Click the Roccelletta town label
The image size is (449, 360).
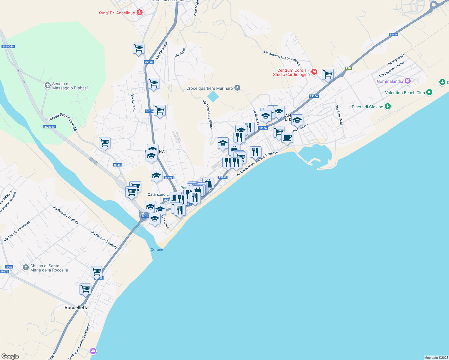tap(77, 307)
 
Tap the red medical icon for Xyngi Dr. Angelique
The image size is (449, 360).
tap(139, 13)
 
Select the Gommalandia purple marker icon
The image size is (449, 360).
tap(407, 81)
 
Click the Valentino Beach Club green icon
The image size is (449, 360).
tap(429, 92)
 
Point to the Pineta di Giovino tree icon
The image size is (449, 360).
tap(388, 106)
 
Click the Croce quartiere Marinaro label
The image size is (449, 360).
tap(209, 88)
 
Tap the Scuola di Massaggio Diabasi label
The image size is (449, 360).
tap(70, 86)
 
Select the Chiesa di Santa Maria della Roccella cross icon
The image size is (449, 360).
tap(26, 267)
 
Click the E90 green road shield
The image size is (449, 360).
tap(348, 68)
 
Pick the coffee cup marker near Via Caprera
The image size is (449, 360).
tap(287, 137)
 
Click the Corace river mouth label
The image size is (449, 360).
tap(157, 250)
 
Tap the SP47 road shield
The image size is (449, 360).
tap(9, 267)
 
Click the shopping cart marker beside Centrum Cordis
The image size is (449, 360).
tap(328, 74)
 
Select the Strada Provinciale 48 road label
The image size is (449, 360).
tap(63, 121)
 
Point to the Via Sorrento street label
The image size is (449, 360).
tap(133, 103)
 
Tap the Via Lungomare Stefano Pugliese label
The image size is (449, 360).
tap(257, 164)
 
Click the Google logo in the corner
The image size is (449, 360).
tap(10, 356)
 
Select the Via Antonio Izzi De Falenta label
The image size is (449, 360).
tap(282, 58)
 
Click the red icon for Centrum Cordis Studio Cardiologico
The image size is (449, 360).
tap(314, 72)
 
